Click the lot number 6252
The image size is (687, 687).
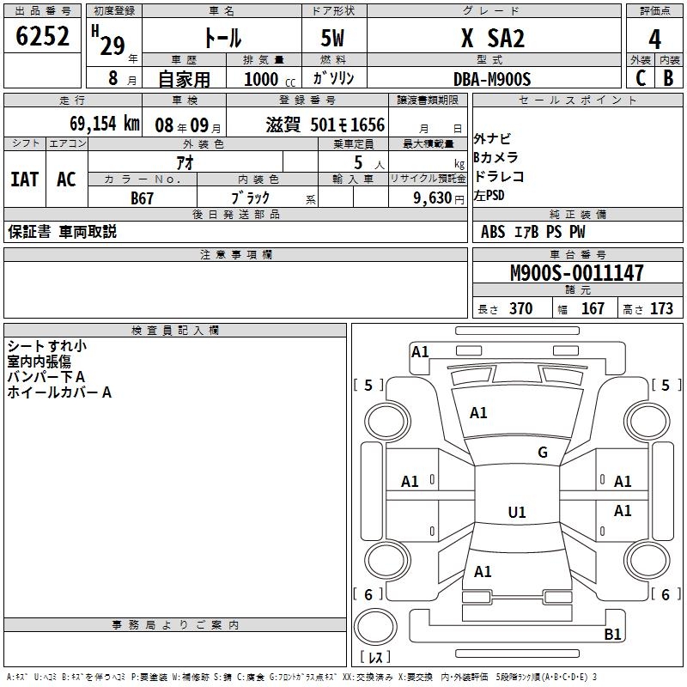[43, 36]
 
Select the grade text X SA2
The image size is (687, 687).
[493, 38]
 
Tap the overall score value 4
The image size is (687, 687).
[654, 39]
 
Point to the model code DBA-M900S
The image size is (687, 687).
[492, 79]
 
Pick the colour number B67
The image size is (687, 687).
[143, 198]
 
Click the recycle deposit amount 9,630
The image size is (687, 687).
[429, 198]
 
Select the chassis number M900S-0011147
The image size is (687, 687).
[576, 274]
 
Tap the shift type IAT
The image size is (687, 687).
[24, 179]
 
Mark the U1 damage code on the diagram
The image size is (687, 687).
[517, 513]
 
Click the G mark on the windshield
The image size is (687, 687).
[543, 453]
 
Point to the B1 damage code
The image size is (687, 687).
[613, 635]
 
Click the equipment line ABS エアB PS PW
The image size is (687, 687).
[533, 232]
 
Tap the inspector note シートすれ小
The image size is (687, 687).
[46, 346]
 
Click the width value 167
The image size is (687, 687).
[593, 308]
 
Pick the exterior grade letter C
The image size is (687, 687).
[640, 79]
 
